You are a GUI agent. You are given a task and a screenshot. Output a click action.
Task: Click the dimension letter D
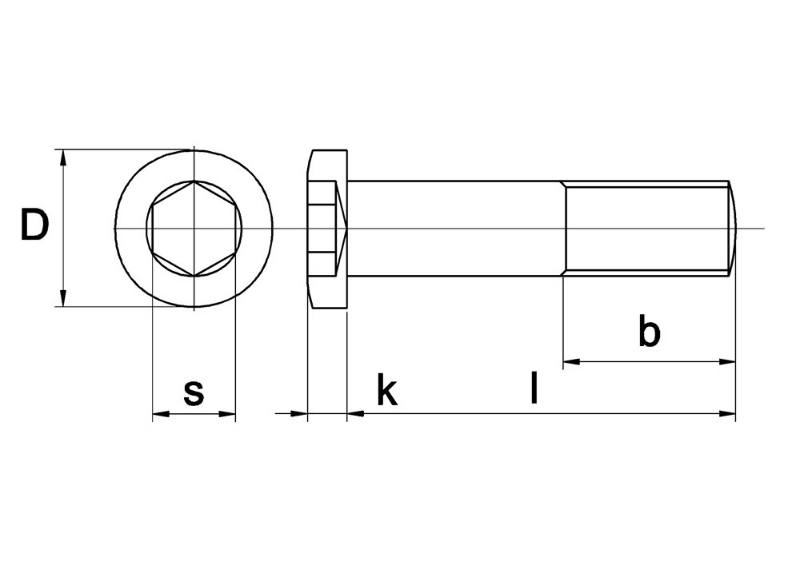point(34,226)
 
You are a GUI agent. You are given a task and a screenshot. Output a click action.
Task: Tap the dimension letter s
point(193,393)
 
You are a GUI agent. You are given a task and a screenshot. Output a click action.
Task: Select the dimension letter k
point(386,392)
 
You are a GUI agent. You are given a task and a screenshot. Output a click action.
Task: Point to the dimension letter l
point(535,388)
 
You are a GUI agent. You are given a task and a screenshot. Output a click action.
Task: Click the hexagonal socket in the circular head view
point(193,228)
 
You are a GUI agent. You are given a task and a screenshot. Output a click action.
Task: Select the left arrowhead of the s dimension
point(159,412)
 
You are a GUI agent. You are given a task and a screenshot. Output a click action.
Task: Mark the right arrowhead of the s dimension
point(228,412)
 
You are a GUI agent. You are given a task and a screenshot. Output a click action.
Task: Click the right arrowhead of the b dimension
point(729,361)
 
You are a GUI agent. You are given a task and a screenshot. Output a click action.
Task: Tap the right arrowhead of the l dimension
point(729,412)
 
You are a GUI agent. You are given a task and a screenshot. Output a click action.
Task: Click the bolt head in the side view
point(326,228)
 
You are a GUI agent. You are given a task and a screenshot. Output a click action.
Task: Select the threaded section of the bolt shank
point(647,228)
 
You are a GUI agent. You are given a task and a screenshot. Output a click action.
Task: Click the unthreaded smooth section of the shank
point(455,228)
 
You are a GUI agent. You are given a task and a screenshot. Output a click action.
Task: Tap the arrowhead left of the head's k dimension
point(299,412)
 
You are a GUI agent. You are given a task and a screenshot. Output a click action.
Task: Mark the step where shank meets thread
point(564,228)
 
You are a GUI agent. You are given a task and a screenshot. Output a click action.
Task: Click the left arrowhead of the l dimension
point(354,412)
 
